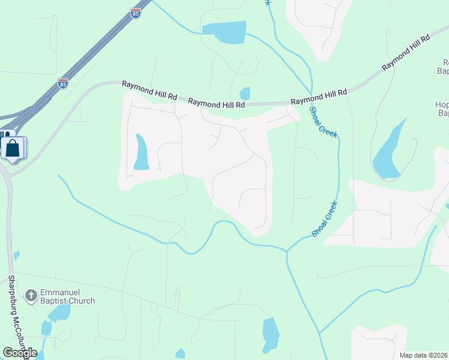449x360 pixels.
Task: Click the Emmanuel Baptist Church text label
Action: [67, 296]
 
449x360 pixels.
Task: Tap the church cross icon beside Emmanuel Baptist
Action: [31, 295]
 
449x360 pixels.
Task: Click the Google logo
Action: [20, 353]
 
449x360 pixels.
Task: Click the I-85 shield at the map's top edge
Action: [136, 13]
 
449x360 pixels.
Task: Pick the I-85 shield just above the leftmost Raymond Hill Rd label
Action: [63, 83]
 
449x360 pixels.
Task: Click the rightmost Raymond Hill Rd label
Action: [407, 54]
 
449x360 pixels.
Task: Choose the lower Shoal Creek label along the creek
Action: [325, 218]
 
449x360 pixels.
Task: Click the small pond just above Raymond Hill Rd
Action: [245, 94]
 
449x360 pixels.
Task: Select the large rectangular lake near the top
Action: [225, 32]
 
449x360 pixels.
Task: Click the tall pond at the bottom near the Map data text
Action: [271, 335]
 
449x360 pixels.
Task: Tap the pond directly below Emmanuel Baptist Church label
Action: [59, 313]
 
